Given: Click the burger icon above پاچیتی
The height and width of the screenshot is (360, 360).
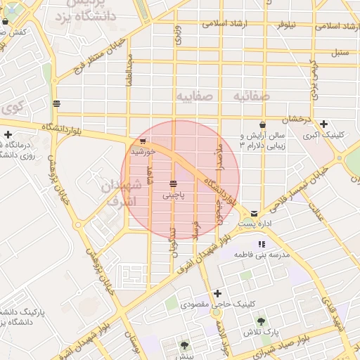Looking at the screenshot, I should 173,184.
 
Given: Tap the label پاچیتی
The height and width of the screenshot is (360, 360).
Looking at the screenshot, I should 173,195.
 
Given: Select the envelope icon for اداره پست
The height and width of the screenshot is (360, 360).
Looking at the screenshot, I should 254,214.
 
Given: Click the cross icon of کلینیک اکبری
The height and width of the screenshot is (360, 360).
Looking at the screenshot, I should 323,124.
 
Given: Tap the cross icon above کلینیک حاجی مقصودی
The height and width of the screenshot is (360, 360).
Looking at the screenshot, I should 218,293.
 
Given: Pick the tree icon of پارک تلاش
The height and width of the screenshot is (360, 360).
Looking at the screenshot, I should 262,321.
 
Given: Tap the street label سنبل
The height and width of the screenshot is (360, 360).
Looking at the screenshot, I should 340,52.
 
